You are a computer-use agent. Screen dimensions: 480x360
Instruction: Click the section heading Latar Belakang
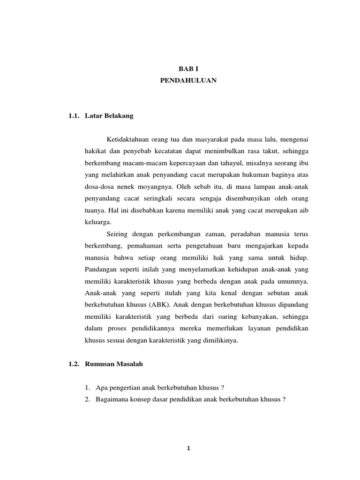click(109, 116)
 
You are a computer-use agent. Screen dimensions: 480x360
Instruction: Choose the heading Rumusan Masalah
click(113, 364)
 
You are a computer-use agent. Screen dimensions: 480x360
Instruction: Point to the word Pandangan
click(101, 269)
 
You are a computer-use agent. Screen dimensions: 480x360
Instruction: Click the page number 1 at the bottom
click(187, 448)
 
